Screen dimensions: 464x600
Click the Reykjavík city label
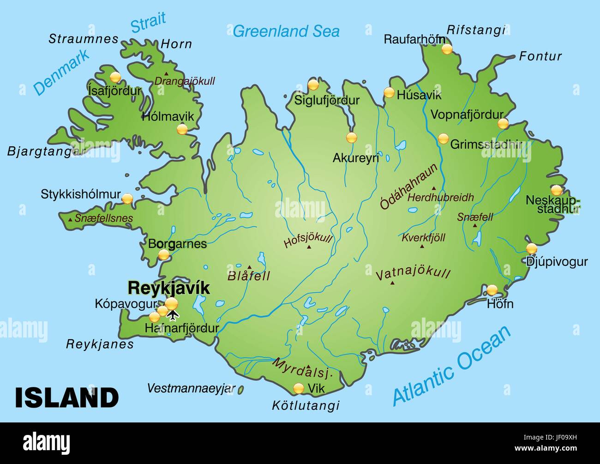168,288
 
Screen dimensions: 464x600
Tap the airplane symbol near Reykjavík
173,315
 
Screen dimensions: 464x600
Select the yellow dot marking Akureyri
352,138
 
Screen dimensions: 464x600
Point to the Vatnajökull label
413,274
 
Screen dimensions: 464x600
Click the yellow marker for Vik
299,388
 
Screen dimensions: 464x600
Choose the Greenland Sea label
286,31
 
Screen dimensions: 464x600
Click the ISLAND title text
67,398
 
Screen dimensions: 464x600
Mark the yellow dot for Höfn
492,290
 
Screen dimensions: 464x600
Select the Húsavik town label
419,96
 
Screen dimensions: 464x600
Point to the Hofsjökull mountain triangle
309,247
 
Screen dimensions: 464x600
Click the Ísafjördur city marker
115,77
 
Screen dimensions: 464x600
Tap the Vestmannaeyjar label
191,388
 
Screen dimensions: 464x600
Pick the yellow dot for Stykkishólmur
127,199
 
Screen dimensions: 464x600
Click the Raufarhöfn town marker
446,49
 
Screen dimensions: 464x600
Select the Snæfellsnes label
104,218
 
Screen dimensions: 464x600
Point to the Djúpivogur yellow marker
532,248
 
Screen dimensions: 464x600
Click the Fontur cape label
540,56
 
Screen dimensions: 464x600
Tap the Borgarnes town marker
164,254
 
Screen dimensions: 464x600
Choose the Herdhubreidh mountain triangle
434,188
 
